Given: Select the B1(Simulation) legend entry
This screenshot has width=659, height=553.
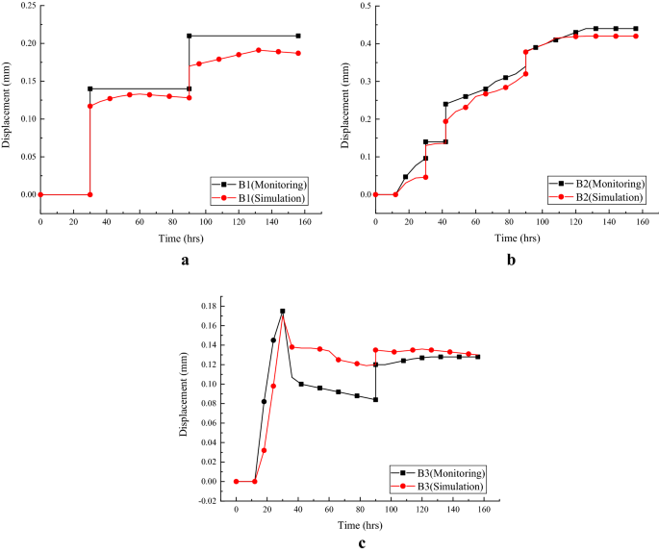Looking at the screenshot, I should point(265,197).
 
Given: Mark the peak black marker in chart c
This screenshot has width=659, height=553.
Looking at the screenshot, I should point(282,312).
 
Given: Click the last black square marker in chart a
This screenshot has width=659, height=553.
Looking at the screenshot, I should point(297,36).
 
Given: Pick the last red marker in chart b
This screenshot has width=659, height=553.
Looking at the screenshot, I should point(636,36).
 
